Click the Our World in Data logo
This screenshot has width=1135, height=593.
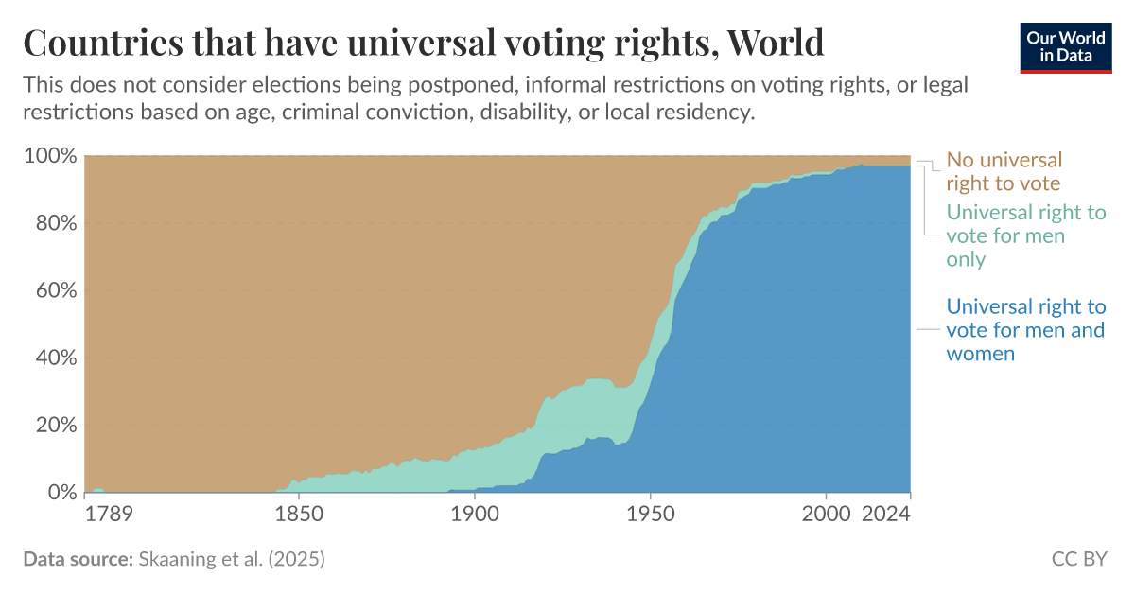coord(1065,44)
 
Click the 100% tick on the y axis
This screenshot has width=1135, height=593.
coord(48,156)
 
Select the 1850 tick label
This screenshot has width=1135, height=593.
coord(299,515)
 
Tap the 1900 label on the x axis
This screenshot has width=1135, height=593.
coord(474,515)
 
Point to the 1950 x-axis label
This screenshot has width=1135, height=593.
coord(650,515)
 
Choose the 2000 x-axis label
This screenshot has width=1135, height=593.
coord(826,515)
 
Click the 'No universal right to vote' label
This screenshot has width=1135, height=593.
coord(1004,171)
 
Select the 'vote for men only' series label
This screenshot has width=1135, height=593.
coord(1025,235)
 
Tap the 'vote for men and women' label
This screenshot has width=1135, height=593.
coord(1025,330)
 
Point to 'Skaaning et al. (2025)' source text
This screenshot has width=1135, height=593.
coord(231,559)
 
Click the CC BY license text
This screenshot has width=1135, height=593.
coord(1078,559)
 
